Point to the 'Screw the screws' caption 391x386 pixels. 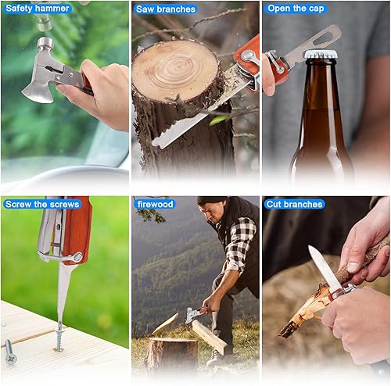tap(41, 204)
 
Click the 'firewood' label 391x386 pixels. tap(154, 204)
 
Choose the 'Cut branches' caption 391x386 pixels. tap(295, 204)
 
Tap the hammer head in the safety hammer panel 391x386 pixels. tap(45, 44)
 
